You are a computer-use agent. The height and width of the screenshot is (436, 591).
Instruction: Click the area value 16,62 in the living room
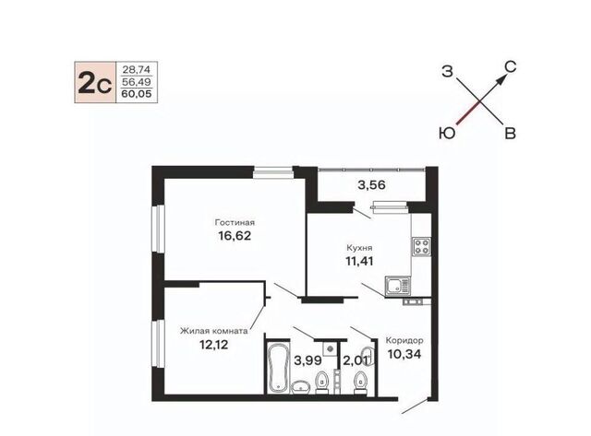coord(235,236)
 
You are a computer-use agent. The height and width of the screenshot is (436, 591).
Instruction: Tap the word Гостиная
coord(235,222)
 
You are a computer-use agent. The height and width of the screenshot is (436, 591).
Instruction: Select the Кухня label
coord(359,248)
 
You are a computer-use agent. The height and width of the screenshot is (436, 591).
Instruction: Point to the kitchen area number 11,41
coord(359,261)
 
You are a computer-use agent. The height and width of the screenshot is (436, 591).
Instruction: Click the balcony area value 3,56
coord(371,185)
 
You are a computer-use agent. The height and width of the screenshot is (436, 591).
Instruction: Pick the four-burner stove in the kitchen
coord(421,247)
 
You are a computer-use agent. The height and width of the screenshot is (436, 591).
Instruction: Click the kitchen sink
coord(398,286)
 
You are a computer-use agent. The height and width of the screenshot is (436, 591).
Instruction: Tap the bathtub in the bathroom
coord(279,367)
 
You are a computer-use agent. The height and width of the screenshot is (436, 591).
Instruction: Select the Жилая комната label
coord(213,331)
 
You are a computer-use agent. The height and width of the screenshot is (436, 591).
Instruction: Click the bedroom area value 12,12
coord(213,345)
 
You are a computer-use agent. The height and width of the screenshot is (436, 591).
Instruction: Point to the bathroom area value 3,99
coord(308,360)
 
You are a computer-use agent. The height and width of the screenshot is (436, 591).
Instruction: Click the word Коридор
coord(404,340)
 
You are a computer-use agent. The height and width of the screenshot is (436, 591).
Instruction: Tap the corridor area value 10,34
coord(404,354)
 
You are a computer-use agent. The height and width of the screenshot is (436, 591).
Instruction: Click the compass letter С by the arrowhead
coord(510,67)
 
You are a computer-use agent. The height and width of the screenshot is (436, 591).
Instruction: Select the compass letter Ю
coord(447,133)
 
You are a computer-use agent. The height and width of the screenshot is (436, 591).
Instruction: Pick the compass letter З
coord(447,71)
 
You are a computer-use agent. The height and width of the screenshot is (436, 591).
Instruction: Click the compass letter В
coord(510,133)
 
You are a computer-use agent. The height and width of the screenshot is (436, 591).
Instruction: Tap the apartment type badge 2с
coord(95,82)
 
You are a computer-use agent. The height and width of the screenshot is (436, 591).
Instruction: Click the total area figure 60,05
coord(137,94)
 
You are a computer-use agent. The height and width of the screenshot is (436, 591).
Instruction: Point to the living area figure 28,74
coord(137,70)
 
